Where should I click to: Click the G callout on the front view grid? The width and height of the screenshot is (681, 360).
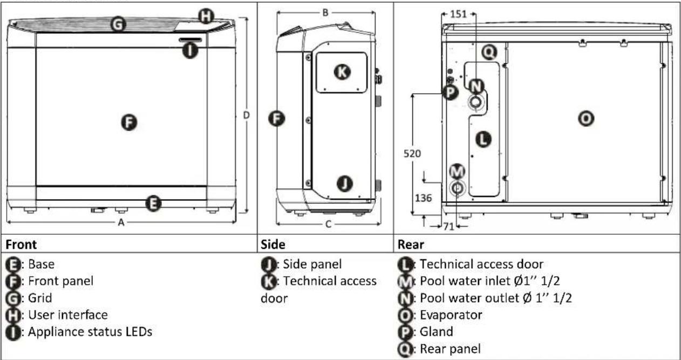tap(118, 24)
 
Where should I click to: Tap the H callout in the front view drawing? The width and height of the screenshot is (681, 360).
tap(206, 16)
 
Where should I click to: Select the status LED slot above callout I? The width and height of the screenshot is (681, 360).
tap(190, 40)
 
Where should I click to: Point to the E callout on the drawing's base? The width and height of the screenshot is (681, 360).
tap(153, 203)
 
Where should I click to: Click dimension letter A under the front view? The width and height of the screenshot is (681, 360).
tap(121, 222)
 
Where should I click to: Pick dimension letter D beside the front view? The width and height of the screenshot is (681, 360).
tap(246, 116)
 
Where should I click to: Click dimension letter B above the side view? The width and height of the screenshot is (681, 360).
tap(325, 13)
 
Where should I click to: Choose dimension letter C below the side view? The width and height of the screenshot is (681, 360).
tap(328, 225)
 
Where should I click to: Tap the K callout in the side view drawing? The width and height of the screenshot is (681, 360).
tap(342, 72)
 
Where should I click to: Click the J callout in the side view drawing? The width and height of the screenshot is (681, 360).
tap(345, 184)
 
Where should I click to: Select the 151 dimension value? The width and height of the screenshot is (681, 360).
tap(458, 14)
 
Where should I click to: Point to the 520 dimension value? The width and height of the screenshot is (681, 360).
tap(412, 153)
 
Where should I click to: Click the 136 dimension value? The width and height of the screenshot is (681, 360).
tap(423, 198)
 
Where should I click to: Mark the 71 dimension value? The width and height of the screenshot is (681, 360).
tap(448, 227)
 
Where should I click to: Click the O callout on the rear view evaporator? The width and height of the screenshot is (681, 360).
tap(586, 118)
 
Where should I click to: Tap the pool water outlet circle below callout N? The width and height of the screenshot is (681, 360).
tap(475, 102)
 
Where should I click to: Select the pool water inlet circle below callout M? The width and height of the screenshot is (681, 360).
tap(457, 188)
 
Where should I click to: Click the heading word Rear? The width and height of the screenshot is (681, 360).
tap(411, 244)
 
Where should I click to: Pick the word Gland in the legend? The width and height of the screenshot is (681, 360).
tap(436, 331)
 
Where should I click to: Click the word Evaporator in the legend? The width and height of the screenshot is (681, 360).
tap(451, 315)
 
